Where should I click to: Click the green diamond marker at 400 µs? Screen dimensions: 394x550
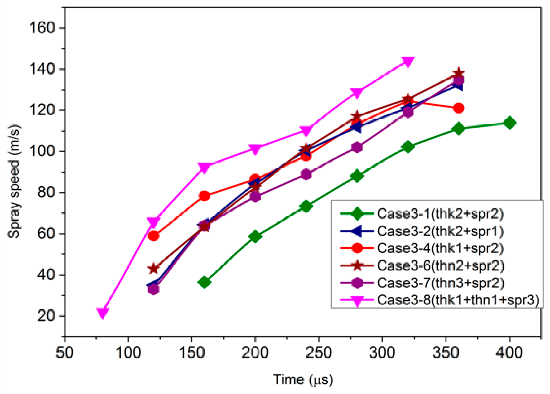(509, 123)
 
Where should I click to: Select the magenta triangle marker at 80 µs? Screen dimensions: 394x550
(103, 313)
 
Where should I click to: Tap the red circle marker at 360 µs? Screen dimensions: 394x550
(458, 109)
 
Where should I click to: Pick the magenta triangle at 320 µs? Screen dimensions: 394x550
(408, 62)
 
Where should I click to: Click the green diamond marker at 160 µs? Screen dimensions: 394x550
(205, 282)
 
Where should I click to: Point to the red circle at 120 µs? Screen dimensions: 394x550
(154, 236)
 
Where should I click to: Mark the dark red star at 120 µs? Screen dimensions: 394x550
(154, 269)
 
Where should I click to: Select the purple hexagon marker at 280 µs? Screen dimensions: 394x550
(357, 147)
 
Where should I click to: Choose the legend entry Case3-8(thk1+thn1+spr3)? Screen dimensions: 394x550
(458, 300)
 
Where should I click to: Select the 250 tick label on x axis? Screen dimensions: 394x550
(318, 353)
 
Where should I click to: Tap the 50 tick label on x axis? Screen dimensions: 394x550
(65, 353)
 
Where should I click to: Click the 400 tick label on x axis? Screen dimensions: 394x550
(509, 353)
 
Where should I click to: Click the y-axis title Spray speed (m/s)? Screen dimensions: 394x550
(14, 181)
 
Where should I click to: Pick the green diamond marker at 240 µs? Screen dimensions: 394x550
(306, 207)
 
